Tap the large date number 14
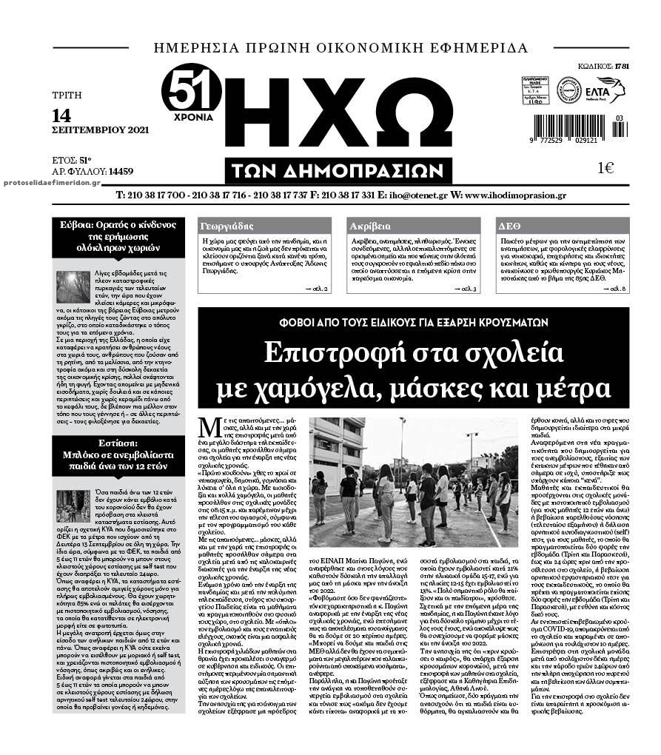pyautogui.click(x=61, y=115)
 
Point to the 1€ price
pyautogui.click(x=605, y=168)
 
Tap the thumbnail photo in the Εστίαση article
pyautogui.click(x=73, y=506)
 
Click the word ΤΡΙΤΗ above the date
pyautogui.click(x=67, y=95)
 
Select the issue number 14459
pyautogui.click(x=120, y=171)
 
